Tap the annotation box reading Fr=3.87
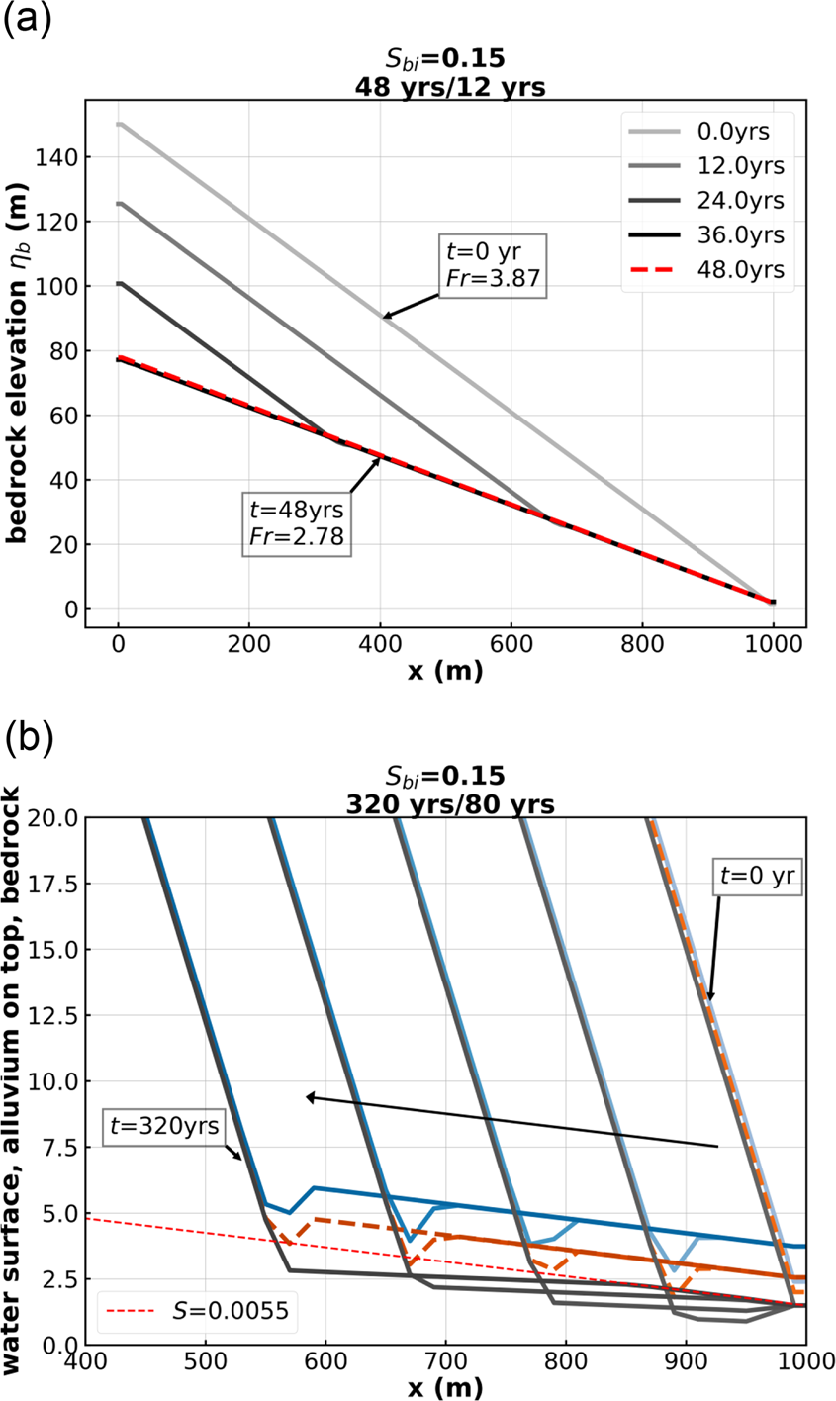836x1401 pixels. tap(492, 264)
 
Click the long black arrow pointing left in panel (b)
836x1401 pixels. tap(511, 1121)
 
